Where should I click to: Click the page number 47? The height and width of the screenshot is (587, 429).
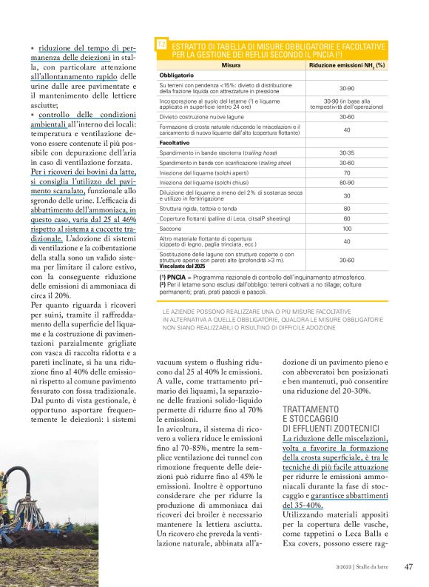click(408, 567)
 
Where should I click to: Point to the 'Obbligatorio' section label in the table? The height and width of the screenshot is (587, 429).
click(177, 76)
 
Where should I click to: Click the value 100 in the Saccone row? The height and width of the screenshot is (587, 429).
click(346, 229)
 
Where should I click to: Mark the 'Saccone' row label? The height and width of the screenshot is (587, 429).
click(171, 229)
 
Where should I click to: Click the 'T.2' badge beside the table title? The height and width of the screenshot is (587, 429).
click(161, 46)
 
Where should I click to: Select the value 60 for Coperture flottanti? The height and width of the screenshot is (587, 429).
click(346, 219)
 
